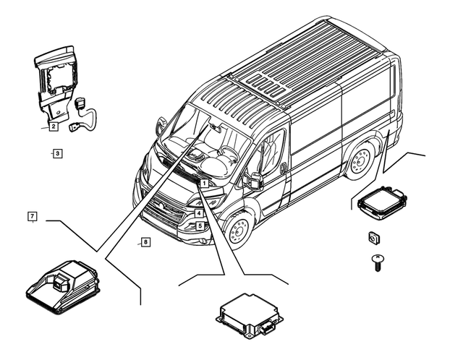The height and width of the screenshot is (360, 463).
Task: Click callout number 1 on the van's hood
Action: click(205, 184)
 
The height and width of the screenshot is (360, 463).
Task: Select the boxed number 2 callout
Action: click(54, 127)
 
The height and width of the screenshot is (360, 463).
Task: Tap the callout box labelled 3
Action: click(57, 153)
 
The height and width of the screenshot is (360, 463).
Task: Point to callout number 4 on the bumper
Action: click(198, 213)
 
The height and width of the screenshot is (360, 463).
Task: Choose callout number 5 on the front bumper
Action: click(198, 226)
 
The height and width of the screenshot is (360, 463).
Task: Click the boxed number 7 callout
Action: click(32, 216)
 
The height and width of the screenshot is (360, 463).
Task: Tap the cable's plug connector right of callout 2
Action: click(76, 129)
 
